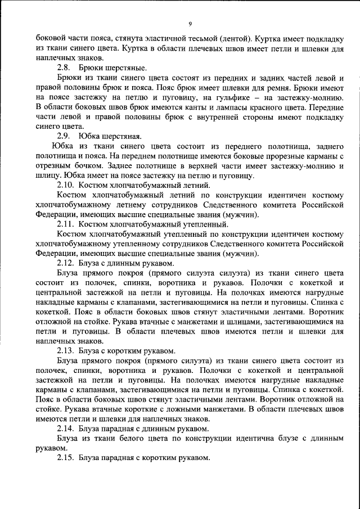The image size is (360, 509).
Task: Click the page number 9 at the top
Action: [x=191, y=24]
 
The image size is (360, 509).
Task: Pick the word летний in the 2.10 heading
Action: [x=193, y=184]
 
